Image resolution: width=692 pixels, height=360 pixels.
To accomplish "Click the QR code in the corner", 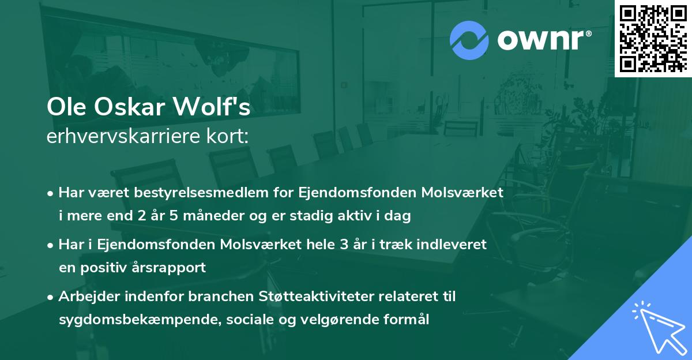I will click(x=653, y=38).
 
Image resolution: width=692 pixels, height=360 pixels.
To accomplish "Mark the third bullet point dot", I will click(x=51, y=297).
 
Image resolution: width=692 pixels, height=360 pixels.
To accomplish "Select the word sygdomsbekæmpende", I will click(x=115, y=320).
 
